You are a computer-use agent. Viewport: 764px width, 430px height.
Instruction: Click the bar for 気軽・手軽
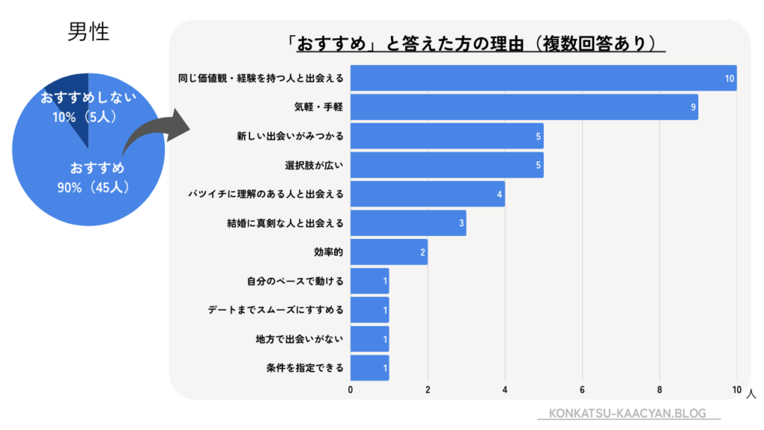click(524, 107)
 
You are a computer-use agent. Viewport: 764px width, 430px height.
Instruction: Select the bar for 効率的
click(389, 252)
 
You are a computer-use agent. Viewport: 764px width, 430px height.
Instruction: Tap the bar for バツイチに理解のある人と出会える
click(428, 194)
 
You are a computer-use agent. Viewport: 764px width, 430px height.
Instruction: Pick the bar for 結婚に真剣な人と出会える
click(408, 223)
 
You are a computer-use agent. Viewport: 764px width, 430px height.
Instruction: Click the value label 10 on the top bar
click(730, 78)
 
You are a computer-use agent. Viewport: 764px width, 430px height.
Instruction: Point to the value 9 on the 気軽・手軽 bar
click(693, 107)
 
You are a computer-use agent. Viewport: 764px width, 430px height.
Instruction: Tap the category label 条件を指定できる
click(304, 368)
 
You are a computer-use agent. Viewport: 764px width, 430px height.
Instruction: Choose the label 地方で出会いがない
click(299, 339)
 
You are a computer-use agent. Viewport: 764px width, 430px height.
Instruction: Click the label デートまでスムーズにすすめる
click(275, 310)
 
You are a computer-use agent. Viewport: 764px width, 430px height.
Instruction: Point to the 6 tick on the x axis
click(582, 390)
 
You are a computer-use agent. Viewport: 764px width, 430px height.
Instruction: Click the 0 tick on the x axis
click(351, 390)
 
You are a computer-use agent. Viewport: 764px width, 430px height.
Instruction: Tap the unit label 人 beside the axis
click(750, 391)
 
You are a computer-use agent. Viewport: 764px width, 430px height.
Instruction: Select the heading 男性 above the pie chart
click(88, 33)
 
